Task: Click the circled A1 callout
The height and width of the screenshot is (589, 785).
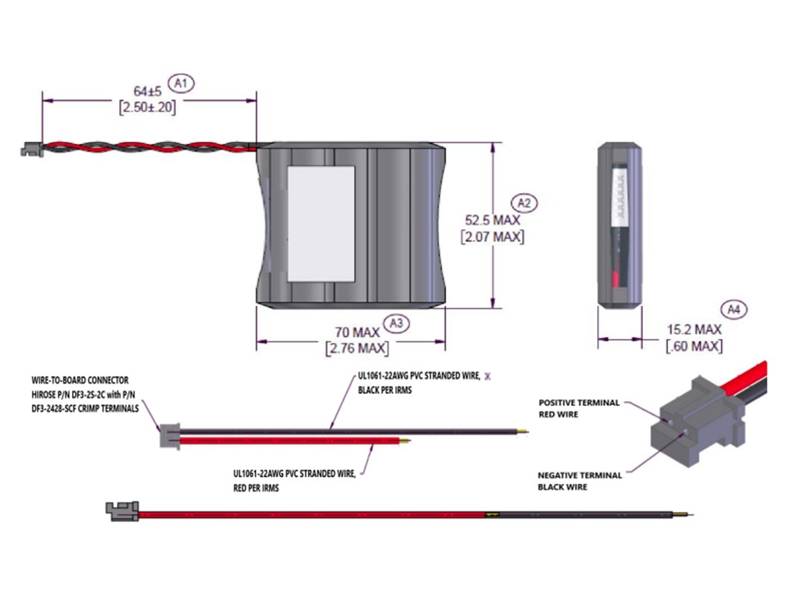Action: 182,83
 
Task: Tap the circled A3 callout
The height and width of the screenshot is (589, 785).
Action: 396,323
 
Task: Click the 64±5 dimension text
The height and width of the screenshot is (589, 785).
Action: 147,92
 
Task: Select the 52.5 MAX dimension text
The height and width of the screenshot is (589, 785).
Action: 493,219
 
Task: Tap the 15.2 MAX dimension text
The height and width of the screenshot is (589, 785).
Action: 694,330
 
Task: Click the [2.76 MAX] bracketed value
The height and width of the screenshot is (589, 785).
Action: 357,348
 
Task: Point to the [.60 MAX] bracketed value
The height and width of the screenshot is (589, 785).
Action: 694,346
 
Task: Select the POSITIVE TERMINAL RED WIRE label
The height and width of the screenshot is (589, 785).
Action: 579,408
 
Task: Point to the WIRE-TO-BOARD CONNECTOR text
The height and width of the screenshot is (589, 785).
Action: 80,380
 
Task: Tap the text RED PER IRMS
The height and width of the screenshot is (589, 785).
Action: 256,488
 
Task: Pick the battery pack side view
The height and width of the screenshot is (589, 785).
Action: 619,224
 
